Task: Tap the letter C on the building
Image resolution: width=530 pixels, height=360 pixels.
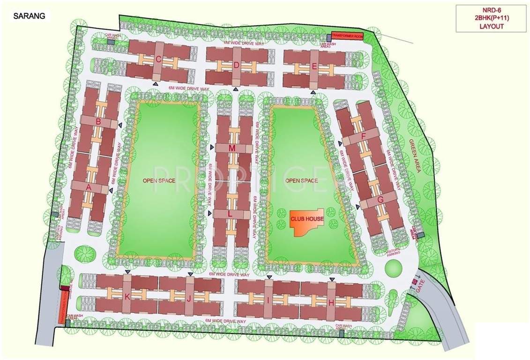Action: [x=158, y=60]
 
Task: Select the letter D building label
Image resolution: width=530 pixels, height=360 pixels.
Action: [x=237, y=65]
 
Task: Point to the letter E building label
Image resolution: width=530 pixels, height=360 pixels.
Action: [x=314, y=67]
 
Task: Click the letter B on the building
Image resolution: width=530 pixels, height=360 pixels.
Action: [x=98, y=122]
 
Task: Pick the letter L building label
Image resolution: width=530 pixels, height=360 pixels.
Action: [x=230, y=213]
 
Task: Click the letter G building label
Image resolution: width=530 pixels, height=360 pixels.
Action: [x=380, y=199]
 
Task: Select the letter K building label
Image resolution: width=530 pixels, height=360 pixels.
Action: [x=127, y=296]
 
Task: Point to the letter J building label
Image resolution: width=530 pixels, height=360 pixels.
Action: [x=189, y=299]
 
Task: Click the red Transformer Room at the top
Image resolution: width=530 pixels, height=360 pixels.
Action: [x=347, y=36]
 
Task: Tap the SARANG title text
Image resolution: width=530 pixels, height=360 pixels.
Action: [x=29, y=15]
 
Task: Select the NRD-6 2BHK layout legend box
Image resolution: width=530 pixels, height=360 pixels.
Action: [x=491, y=19]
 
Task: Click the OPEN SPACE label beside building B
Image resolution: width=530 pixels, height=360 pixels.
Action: [x=159, y=181]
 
